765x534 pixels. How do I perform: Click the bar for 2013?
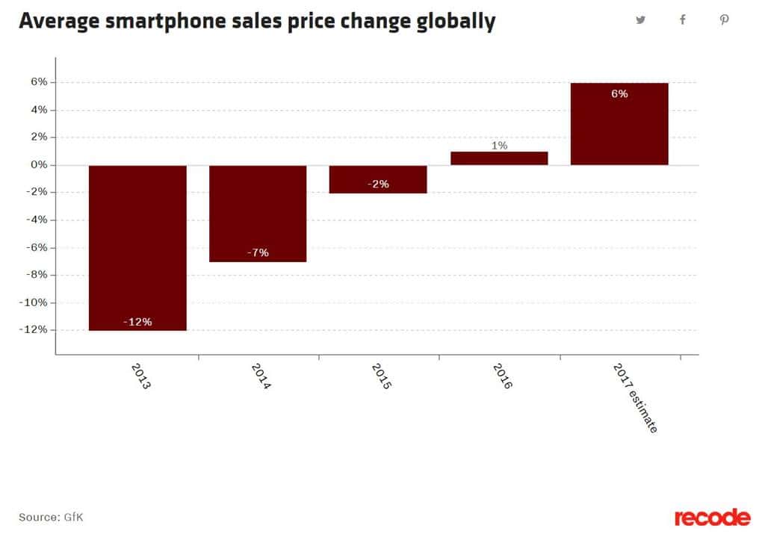[137, 247]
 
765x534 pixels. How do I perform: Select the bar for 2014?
[258, 213]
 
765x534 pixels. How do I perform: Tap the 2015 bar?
[378, 178]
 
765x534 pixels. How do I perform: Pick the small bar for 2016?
[499, 158]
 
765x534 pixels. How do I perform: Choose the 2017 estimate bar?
[619, 123]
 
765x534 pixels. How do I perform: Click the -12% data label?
[137, 322]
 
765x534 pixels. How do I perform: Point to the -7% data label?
[258, 253]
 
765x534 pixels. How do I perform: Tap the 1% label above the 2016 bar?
[499, 146]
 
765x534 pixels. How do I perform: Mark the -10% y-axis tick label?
[35, 302]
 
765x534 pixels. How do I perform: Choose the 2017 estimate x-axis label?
[634, 397]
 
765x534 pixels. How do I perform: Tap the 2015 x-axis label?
[381, 376]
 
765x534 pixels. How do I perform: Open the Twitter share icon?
[640, 20]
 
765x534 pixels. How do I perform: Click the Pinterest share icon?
[724, 20]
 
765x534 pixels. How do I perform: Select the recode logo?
[712, 517]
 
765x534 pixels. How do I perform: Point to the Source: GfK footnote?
[51, 517]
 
